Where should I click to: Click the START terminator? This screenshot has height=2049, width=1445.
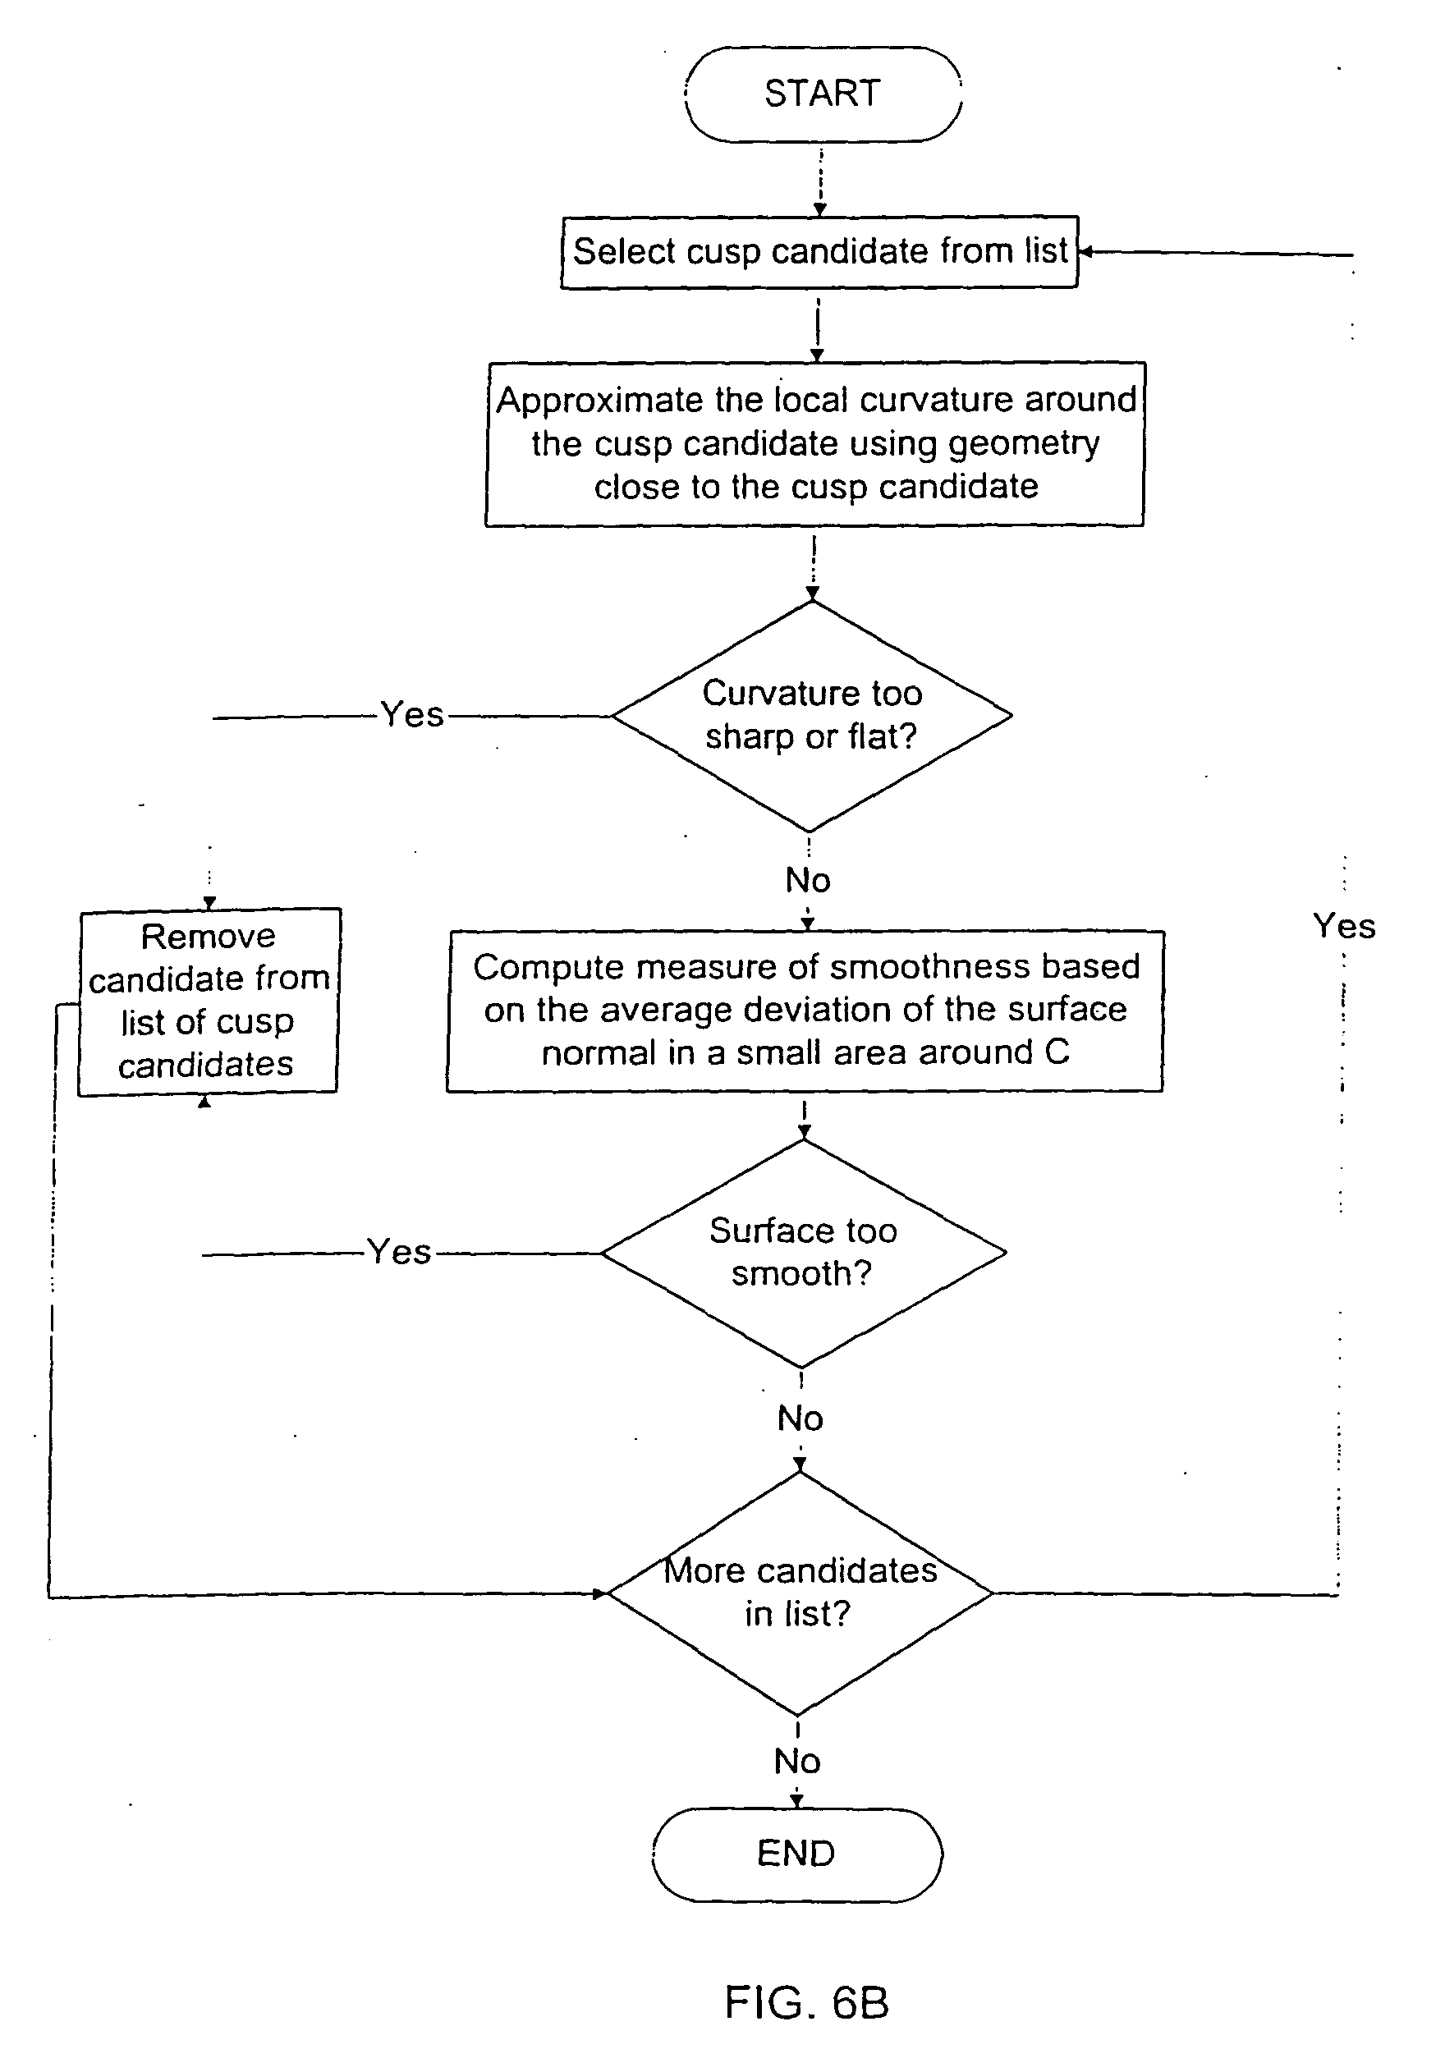tap(823, 94)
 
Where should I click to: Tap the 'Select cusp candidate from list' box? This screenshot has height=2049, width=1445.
tap(819, 253)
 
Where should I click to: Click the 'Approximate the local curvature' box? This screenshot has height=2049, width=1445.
tap(815, 443)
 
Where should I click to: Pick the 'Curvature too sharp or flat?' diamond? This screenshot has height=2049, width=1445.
tap(811, 715)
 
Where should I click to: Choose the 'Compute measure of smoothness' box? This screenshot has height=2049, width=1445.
tap(805, 1011)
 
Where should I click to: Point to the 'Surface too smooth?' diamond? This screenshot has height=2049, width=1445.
tap(803, 1252)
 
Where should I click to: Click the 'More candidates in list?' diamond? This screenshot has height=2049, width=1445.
tap(800, 1592)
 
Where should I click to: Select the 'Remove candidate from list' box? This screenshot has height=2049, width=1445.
tap(209, 1002)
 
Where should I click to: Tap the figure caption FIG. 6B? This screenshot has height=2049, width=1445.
tap(806, 2002)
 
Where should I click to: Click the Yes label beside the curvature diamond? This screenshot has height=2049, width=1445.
tap(411, 715)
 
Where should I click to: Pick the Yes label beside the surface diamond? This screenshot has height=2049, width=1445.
tap(399, 1252)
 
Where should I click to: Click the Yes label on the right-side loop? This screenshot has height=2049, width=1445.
tap(1343, 926)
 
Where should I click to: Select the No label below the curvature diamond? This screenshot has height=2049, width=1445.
tap(808, 881)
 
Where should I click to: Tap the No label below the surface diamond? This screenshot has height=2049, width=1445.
tap(800, 1418)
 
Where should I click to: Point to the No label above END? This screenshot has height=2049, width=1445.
tap(797, 1761)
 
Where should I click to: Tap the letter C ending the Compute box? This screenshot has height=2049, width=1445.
tap(1057, 1052)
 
